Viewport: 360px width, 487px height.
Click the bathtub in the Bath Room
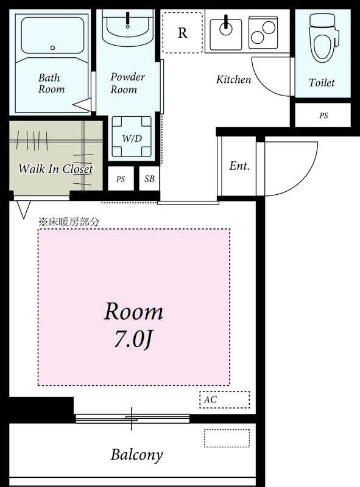[52, 36]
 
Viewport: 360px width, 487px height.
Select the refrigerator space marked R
[182, 33]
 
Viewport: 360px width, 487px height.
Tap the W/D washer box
[132, 138]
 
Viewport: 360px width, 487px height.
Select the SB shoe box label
[149, 180]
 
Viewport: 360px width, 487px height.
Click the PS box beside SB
[121, 180]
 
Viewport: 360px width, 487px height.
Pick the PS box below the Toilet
[323, 115]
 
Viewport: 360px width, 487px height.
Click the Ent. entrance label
[239, 166]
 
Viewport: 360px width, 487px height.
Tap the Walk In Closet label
[55, 169]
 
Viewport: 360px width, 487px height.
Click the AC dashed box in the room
[224, 399]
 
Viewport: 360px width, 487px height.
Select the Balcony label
[136, 454]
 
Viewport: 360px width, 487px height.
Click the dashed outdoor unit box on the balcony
[227, 438]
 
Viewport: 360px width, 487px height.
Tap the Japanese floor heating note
[69, 222]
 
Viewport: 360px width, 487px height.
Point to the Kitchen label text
[233, 79]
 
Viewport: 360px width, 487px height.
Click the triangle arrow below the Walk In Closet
[23, 210]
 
